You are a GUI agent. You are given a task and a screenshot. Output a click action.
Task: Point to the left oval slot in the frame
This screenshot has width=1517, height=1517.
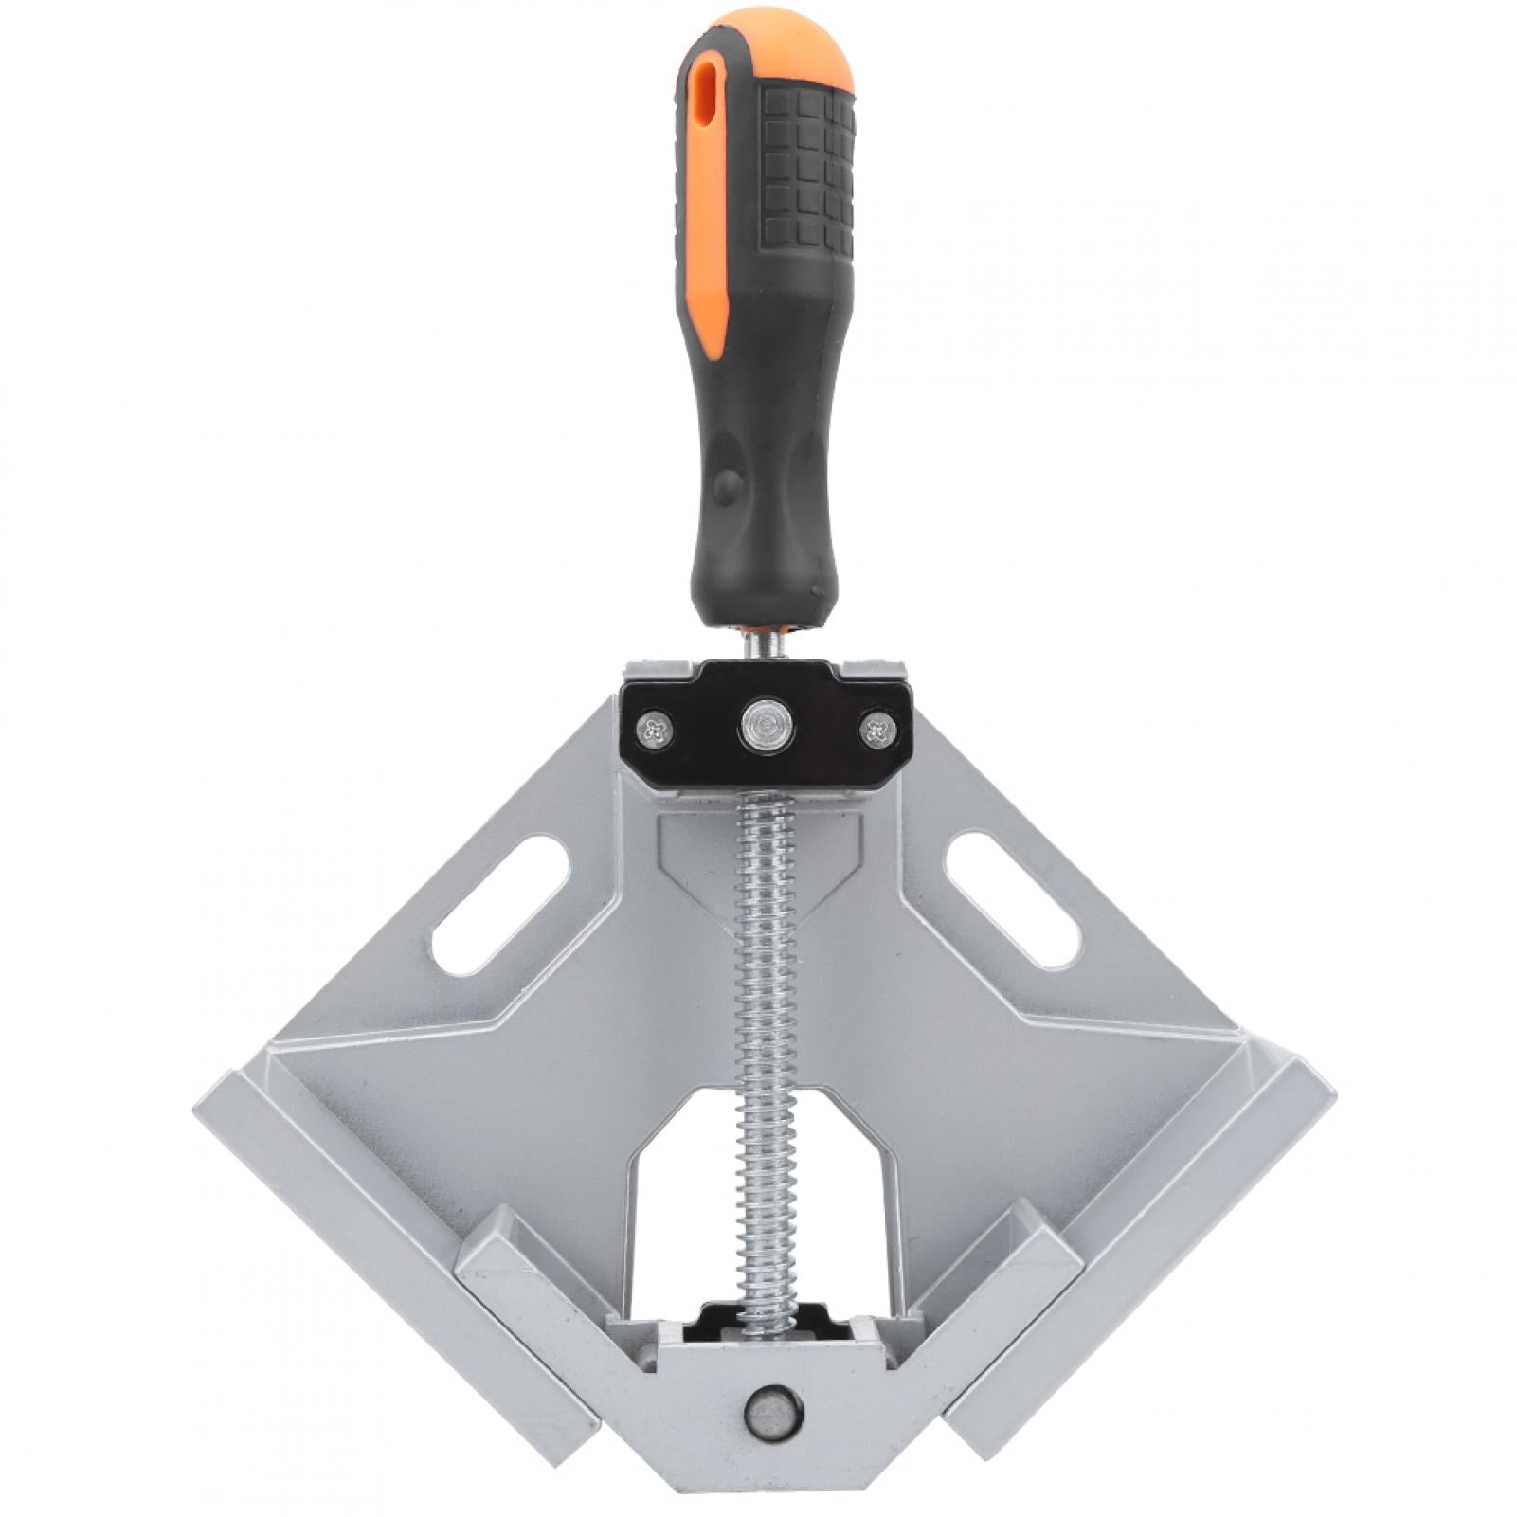pyautogui.click(x=500, y=905)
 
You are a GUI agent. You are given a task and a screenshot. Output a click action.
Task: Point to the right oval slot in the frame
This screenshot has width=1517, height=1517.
pyautogui.click(x=1012, y=900)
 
